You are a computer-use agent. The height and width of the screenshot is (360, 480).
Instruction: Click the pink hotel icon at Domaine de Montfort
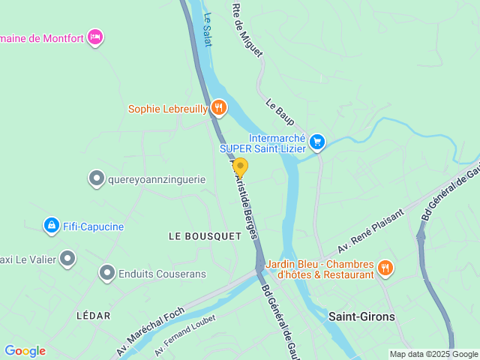[94, 37]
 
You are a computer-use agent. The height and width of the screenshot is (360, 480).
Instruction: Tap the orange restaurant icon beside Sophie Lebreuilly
[218, 108]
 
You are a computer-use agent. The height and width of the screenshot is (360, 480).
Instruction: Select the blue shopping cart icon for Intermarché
[317, 141]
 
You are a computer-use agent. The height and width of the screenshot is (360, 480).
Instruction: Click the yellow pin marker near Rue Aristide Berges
[241, 168]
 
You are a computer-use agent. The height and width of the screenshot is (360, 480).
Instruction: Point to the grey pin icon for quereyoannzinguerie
[96, 178]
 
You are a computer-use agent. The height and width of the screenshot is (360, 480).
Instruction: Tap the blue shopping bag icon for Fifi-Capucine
[51, 225]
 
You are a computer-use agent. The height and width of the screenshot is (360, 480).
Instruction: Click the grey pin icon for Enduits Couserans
[107, 274]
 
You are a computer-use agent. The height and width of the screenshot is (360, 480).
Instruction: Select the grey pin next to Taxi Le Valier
[67, 259]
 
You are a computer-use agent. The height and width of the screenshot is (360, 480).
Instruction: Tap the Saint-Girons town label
[361, 316]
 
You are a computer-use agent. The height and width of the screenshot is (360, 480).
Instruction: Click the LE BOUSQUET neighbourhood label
[205, 235]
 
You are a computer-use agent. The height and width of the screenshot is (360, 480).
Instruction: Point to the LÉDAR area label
[94, 316]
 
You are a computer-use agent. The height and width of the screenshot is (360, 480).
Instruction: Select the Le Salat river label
[208, 29]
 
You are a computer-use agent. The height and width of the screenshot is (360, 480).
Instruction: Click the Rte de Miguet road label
[247, 30]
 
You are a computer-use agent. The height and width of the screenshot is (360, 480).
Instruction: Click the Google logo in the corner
[25, 351]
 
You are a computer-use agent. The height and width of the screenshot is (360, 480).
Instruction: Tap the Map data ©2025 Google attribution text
[433, 354]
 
